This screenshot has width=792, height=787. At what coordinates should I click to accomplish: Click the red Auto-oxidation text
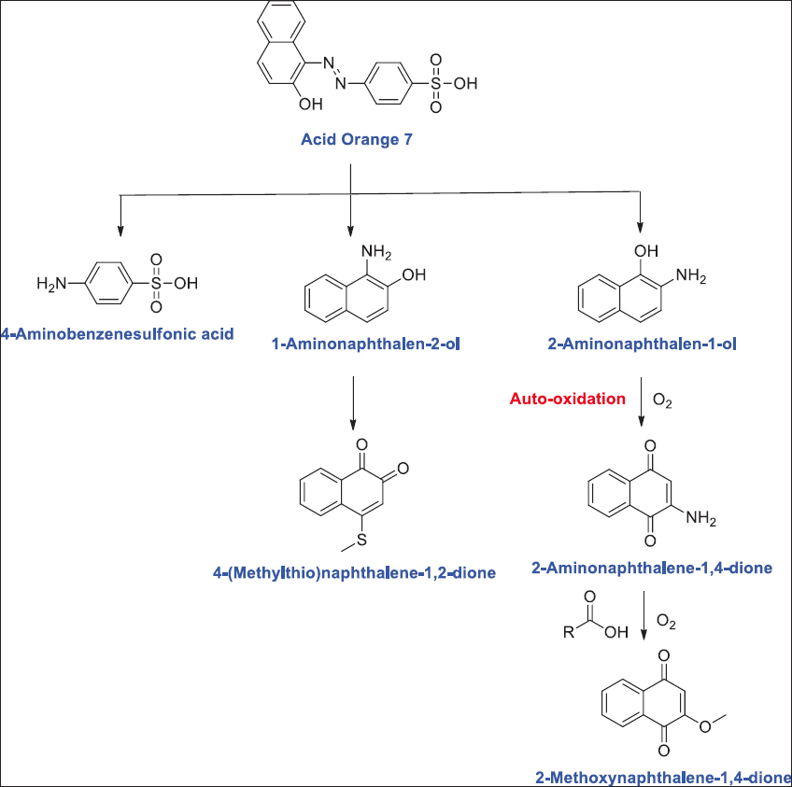tap(568, 399)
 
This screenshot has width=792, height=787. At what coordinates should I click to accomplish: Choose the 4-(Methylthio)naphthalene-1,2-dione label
tap(354, 571)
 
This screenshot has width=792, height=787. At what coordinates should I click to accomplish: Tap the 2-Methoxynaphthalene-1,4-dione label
tap(663, 777)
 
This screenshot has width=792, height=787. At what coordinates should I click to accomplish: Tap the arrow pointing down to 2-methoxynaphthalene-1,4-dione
tap(643, 620)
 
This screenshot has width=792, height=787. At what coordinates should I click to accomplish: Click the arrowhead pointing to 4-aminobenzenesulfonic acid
tap(120, 230)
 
